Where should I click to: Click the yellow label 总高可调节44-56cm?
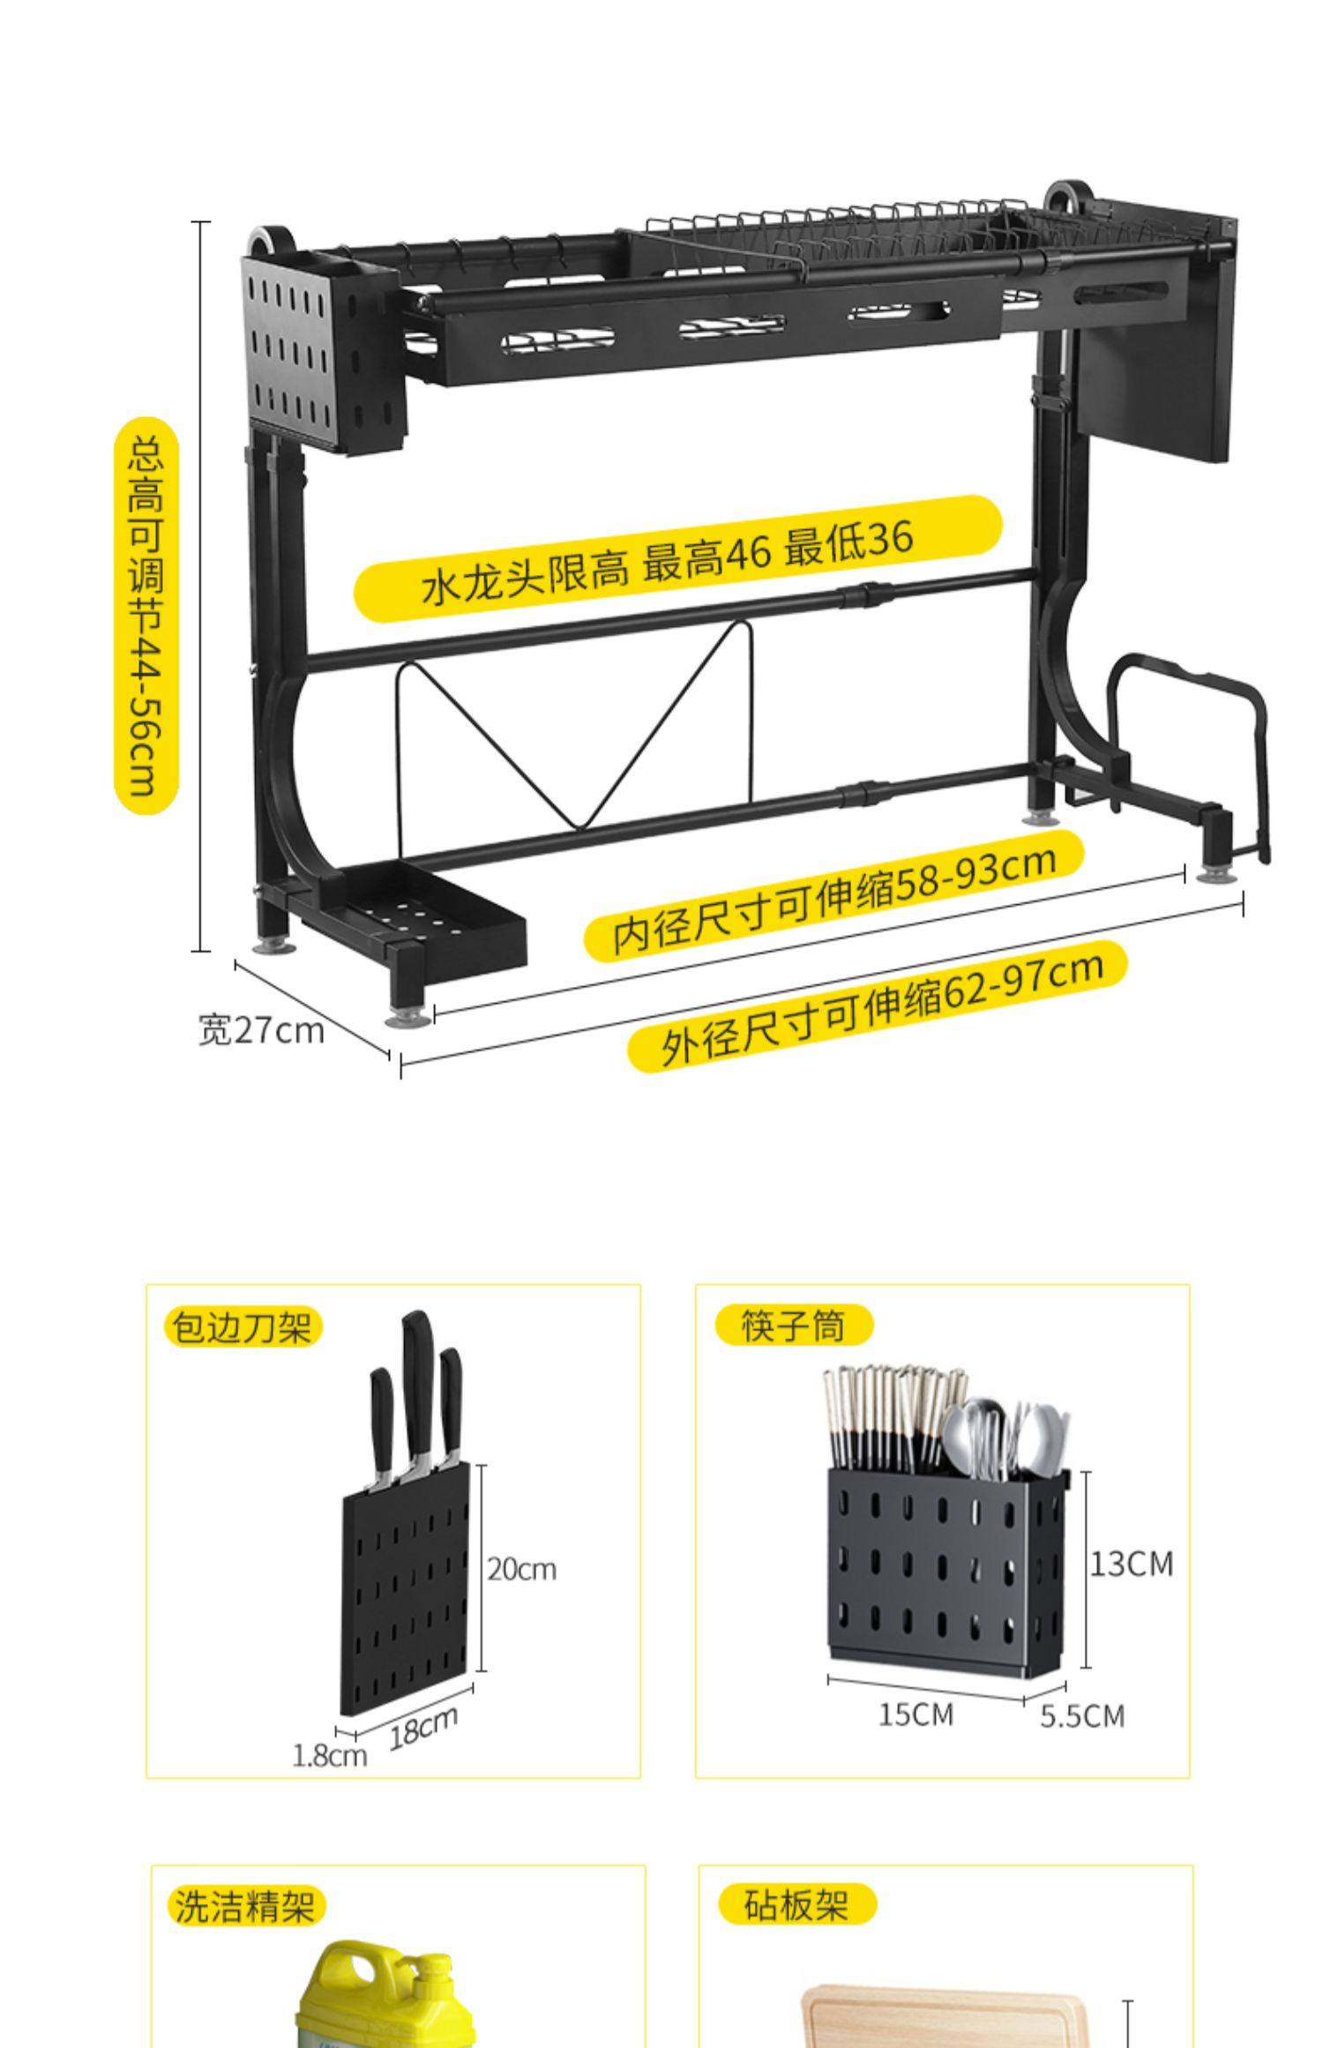click(x=146, y=616)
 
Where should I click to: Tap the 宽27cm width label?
click(x=261, y=1030)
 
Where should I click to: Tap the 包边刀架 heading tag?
click(x=242, y=1327)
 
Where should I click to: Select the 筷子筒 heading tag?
click(x=793, y=1326)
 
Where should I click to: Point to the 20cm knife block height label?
click(x=522, y=1569)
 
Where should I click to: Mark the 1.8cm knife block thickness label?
click(x=329, y=1755)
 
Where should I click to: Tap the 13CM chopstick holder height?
click(x=1132, y=1564)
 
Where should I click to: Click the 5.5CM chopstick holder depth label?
click(x=1082, y=1716)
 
